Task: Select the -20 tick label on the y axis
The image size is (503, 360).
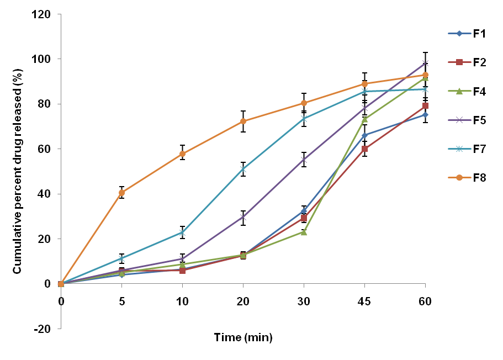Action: tap(43, 329)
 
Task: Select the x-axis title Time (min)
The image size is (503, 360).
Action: tap(243, 337)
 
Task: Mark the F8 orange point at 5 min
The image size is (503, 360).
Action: tap(121, 193)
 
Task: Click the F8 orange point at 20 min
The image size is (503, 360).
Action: tap(243, 121)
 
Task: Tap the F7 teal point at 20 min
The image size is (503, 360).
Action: tap(243, 169)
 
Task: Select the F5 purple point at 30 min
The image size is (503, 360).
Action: tap(304, 160)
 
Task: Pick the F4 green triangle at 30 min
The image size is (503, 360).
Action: tap(304, 232)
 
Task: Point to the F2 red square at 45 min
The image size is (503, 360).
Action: tap(364, 149)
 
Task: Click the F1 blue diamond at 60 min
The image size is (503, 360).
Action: tap(425, 115)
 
